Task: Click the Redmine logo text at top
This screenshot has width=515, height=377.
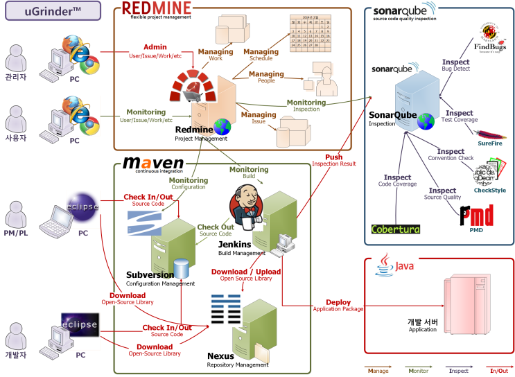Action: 157,8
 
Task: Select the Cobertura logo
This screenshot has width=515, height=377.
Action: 396,229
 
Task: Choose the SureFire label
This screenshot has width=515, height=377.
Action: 491,143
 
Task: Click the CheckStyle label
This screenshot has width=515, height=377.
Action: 489,190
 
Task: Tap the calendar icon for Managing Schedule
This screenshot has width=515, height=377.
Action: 309,35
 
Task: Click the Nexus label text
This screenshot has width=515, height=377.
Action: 220,356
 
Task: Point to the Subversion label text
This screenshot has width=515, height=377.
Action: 150,275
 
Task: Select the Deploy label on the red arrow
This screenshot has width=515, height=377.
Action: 338,302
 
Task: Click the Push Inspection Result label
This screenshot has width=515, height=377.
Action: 333,157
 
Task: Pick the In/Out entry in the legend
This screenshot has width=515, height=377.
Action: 498,371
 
